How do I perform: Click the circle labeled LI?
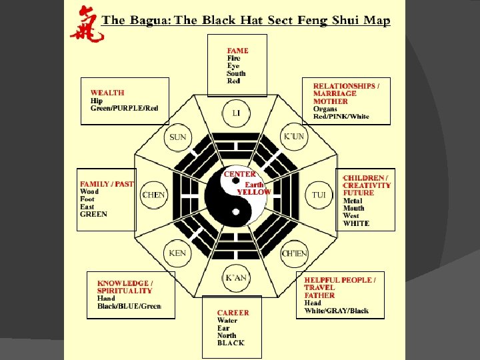(237, 113)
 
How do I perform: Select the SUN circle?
(178, 137)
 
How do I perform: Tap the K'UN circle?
(294, 137)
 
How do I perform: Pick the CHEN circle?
(154, 195)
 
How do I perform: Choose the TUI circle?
(319, 195)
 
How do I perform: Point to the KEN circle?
(178, 253)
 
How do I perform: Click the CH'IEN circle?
(294, 253)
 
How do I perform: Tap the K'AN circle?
(236, 277)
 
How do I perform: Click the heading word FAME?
(237, 51)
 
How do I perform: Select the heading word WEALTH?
(107, 93)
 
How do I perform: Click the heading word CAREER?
(233, 313)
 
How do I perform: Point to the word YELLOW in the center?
(254, 192)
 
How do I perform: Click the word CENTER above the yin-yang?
(240, 174)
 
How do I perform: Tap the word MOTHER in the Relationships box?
(331, 102)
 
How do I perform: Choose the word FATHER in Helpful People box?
(320, 295)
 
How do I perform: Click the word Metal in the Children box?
(353, 201)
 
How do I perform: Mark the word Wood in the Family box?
(89, 192)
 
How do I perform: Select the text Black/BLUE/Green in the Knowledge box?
(129, 306)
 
